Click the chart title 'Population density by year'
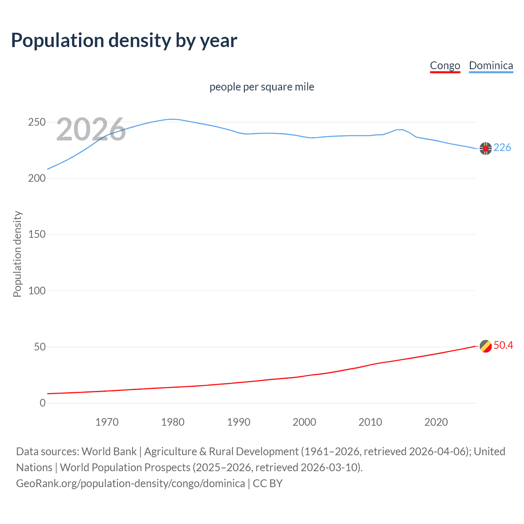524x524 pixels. click(x=124, y=41)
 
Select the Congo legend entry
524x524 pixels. click(x=445, y=65)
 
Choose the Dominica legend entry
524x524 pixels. click(x=491, y=65)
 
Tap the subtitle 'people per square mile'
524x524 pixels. click(x=262, y=87)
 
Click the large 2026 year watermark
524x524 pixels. click(x=91, y=129)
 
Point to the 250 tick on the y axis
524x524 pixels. click(x=36, y=122)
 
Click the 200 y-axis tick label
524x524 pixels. click(x=36, y=178)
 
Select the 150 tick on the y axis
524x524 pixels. click(x=36, y=235)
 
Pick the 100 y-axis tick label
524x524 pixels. click(x=36, y=291)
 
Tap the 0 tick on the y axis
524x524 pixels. click(x=43, y=403)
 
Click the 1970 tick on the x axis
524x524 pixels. click(x=107, y=422)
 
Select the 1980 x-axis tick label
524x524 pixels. click(x=173, y=422)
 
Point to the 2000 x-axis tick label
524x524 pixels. click(x=304, y=422)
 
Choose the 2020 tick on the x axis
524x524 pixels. click(x=436, y=422)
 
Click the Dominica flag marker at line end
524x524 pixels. click(x=486, y=149)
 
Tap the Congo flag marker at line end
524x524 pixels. click(x=486, y=346)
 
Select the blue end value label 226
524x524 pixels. click(x=502, y=147)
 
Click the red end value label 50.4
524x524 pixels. click(x=503, y=345)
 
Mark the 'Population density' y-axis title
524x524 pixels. click(x=17, y=254)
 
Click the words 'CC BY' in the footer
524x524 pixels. click(x=268, y=483)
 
